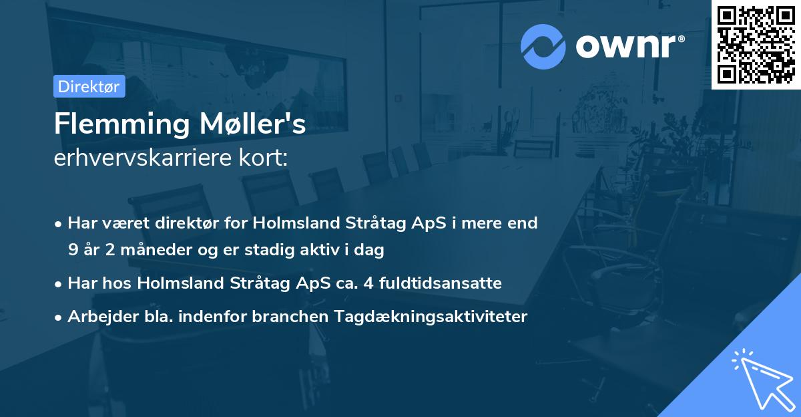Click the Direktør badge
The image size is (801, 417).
(x=89, y=86)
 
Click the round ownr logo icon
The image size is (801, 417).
(x=543, y=46)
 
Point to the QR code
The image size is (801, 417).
(x=756, y=45)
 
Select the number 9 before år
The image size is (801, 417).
(x=72, y=251)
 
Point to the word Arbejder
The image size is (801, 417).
(x=97, y=317)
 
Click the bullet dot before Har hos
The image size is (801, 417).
(x=59, y=284)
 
